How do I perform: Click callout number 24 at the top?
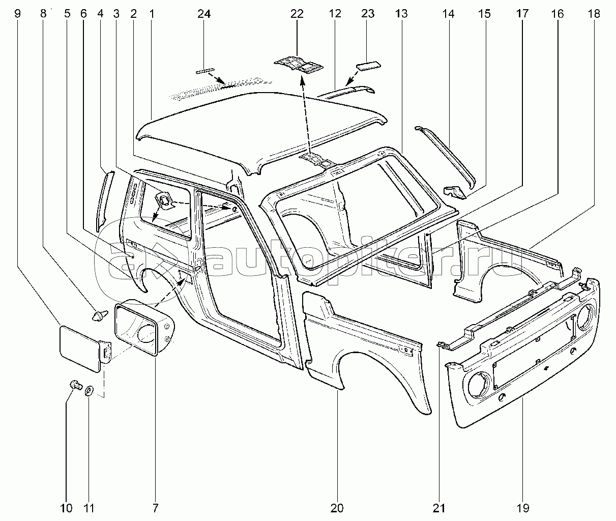(x=204, y=14)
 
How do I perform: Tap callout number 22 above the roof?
(x=297, y=14)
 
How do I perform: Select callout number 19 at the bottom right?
(x=523, y=508)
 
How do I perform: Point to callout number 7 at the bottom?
(x=155, y=508)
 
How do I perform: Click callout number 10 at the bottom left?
(x=66, y=508)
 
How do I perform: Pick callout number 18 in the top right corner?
(x=594, y=14)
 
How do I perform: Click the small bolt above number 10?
(x=76, y=385)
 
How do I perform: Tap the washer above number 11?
(x=89, y=391)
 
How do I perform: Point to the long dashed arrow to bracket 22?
(x=306, y=117)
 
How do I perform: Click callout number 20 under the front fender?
(x=337, y=508)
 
